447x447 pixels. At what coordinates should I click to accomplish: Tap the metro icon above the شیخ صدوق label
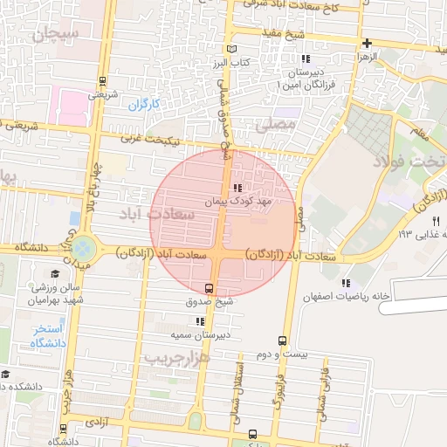coord(209,288)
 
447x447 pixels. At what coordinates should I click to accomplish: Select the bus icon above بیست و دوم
coord(281,340)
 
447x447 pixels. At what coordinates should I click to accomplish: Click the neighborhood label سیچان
coord(56,34)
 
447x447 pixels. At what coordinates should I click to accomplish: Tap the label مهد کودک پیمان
coord(239,201)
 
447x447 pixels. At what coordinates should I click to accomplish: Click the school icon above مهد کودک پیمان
coord(237,188)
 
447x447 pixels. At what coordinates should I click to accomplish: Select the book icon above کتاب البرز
coord(230,50)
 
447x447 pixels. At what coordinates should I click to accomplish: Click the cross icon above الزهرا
coord(368,43)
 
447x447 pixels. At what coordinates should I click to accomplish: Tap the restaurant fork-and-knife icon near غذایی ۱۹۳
coord(424,221)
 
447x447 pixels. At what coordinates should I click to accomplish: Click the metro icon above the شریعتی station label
coord(103,80)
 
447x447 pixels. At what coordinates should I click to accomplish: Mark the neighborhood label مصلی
coord(279,126)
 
